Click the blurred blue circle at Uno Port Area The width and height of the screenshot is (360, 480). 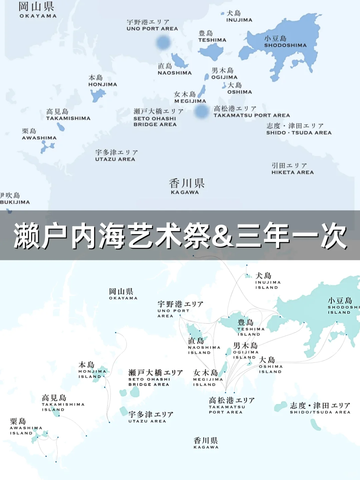tap(163, 42)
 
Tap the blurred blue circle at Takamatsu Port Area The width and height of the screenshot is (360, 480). tap(201, 111)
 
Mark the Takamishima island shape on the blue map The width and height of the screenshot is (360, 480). tap(61, 127)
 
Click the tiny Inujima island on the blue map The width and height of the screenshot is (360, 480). tap(222, 14)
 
